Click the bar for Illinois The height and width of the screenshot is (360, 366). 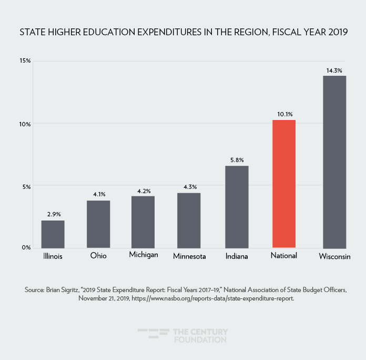[53, 234]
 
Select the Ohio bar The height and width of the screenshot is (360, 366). [98, 224]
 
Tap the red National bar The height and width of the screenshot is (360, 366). [283, 184]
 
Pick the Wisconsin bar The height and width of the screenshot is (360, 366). [334, 162]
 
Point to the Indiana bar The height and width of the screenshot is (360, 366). [237, 206]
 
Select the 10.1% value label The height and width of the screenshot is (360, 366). [283, 114]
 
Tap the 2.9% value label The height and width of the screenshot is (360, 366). [53, 214]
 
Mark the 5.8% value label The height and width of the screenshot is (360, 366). [237, 159]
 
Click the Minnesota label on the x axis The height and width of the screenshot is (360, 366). [189, 257]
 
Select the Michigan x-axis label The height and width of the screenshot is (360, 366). [143, 255]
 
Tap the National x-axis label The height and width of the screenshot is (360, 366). [284, 255]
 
